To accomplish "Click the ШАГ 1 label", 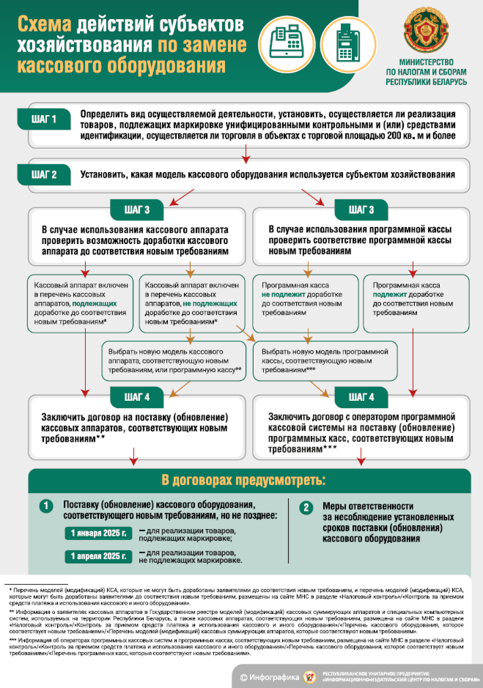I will click(x=44, y=121).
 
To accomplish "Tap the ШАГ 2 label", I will click(x=44, y=174).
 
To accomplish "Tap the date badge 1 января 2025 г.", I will click(x=98, y=533).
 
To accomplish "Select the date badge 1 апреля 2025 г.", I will click(x=98, y=556).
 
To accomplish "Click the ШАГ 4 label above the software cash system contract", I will click(x=357, y=397).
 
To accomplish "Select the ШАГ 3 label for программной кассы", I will click(x=357, y=210).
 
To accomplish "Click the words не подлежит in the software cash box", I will click(x=281, y=294).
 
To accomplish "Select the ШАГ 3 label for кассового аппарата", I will click(x=137, y=210).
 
